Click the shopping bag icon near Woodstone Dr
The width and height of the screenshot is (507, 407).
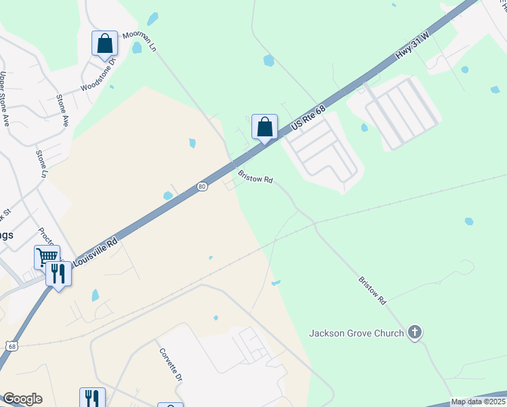pyautogui.click(x=105, y=44)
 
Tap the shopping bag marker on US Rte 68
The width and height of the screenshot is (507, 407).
pyautogui.click(x=264, y=127)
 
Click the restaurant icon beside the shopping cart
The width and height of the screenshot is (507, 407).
pyautogui.click(x=58, y=274)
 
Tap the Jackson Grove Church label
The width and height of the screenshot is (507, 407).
pyautogui.click(x=357, y=333)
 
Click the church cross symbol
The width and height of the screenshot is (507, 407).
pyautogui.click(x=415, y=332)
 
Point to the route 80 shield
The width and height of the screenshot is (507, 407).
pyautogui.click(x=202, y=187)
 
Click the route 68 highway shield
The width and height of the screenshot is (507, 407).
pyautogui.click(x=12, y=346)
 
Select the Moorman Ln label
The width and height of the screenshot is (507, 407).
pyautogui.click(x=140, y=42)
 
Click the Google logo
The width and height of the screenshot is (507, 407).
pyautogui.click(x=22, y=399)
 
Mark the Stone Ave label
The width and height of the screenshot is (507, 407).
pyautogui.click(x=62, y=110)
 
